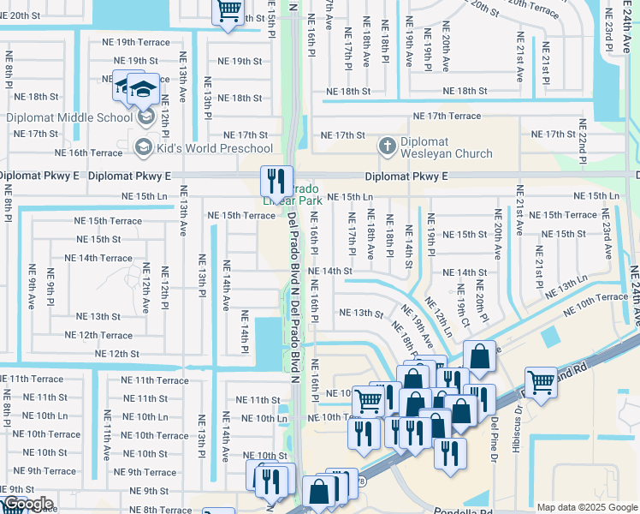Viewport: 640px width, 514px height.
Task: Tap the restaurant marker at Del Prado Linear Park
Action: (276, 180)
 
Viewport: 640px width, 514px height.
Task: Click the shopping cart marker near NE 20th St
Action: (228, 12)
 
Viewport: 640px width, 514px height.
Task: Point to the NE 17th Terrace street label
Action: (447, 116)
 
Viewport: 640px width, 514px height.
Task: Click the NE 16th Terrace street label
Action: (88, 152)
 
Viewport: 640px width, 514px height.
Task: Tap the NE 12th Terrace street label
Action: (98, 335)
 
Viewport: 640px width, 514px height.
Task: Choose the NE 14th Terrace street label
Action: (98, 258)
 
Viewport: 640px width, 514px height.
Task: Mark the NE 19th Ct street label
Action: (462, 314)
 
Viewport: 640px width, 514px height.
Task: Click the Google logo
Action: (27, 504)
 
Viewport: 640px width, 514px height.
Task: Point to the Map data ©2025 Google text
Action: (586, 507)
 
